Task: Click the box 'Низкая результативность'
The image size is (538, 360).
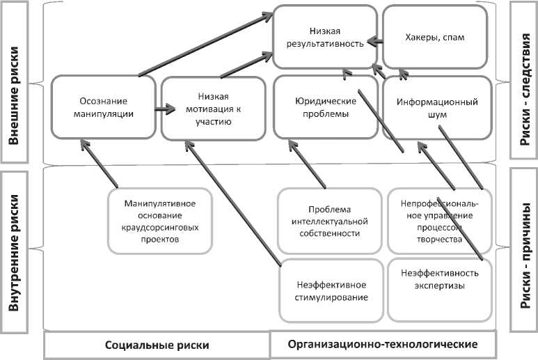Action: click(326, 38)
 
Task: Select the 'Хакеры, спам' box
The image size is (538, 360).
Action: click(434, 38)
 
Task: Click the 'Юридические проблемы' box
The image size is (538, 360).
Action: click(326, 108)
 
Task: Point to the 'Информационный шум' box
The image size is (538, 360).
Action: click(436, 108)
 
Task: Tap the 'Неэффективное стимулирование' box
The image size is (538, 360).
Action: click(331, 291)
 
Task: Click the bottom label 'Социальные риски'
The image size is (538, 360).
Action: click(157, 345)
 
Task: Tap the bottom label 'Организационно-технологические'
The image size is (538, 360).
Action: click(382, 344)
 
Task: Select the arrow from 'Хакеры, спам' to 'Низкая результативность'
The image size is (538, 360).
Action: click(375, 41)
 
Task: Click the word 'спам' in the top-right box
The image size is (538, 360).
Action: click(451, 38)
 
